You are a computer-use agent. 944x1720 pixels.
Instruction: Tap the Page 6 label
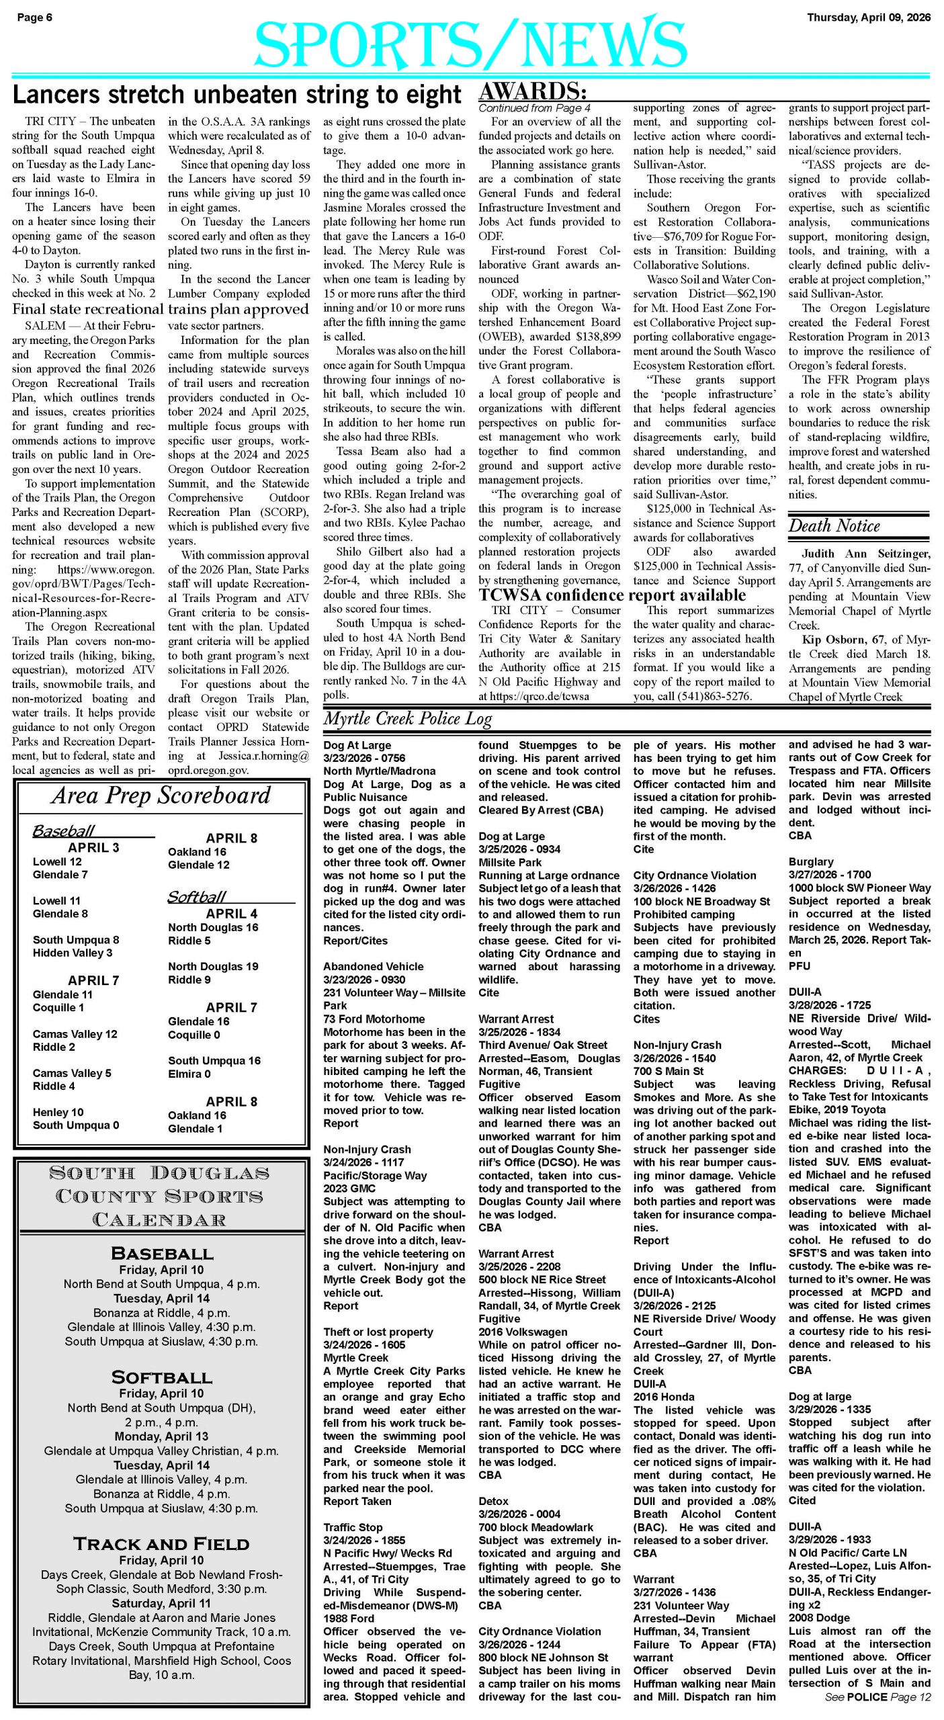click(x=35, y=17)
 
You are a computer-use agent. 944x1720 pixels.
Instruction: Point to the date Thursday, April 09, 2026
click(x=869, y=17)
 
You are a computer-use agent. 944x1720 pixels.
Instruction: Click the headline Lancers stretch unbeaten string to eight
click(x=237, y=95)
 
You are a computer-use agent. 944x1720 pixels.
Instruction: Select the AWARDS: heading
click(x=533, y=91)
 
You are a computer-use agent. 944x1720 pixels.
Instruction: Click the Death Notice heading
click(x=834, y=525)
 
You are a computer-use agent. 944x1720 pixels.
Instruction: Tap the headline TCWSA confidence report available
click(x=612, y=595)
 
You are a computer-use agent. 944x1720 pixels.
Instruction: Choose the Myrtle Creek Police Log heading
click(x=408, y=718)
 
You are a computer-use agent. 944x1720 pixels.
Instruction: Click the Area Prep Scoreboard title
click(x=161, y=795)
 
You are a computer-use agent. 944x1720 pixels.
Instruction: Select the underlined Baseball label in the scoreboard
click(x=64, y=830)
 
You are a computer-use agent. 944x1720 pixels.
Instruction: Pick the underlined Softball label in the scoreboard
click(x=197, y=896)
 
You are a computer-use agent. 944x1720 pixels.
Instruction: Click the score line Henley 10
click(x=58, y=1112)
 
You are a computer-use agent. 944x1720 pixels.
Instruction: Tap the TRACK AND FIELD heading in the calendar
click(x=161, y=1543)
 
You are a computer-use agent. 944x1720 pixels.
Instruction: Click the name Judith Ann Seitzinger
click(x=865, y=554)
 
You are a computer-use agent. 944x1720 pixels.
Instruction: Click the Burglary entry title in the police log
click(x=810, y=861)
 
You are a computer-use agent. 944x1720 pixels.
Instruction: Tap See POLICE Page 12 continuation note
click(x=877, y=1696)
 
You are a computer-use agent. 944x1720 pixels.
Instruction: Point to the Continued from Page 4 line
click(x=534, y=107)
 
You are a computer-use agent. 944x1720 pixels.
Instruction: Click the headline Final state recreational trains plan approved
click(x=160, y=309)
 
